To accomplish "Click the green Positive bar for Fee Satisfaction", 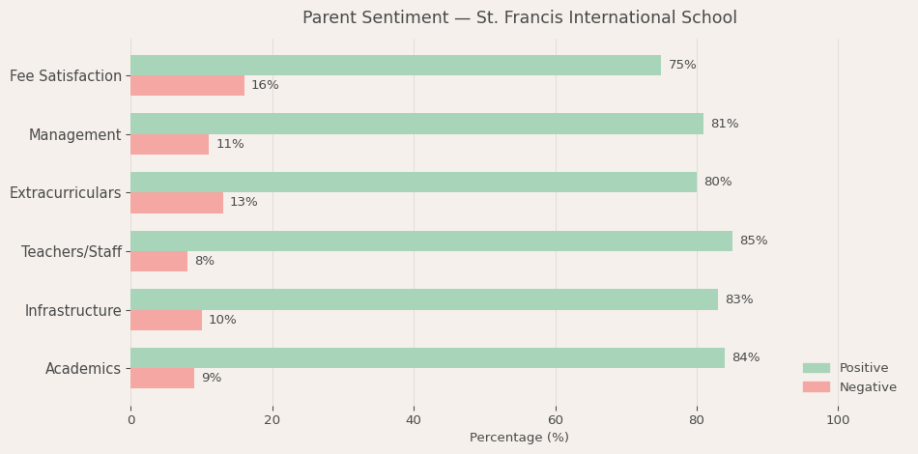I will [x=395, y=66].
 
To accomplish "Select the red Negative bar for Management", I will [x=169, y=144].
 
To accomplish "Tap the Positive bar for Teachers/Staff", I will [x=431, y=241].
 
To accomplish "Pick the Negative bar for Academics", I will [x=162, y=379].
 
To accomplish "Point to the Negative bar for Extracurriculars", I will [x=177, y=203].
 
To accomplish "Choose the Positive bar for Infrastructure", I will [x=424, y=299].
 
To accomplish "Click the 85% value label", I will [x=754, y=241].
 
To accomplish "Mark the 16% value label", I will [x=265, y=86].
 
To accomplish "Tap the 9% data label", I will [x=212, y=379].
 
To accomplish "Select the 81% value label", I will [x=725, y=125].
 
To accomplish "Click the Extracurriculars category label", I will [x=66, y=193].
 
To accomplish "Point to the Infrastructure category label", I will [x=73, y=311].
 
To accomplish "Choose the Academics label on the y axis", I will [x=83, y=369].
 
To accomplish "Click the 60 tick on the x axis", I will [x=556, y=420].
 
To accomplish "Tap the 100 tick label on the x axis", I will [x=838, y=420].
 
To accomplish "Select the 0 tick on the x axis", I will [x=131, y=420].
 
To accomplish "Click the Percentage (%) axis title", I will [x=519, y=439].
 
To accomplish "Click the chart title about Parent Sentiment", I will [x=519, y=18].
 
